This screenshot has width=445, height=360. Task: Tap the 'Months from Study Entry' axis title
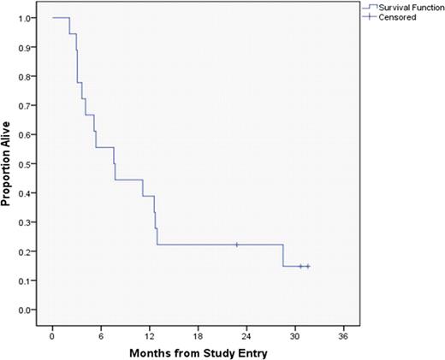coord(198,351)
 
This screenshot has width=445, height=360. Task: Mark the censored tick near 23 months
coord(237,245)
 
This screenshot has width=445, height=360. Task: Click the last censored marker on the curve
coord(307,266)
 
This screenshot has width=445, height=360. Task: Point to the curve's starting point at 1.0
coord(53,18)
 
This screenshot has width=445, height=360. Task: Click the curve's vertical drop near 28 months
coord(283,256)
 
